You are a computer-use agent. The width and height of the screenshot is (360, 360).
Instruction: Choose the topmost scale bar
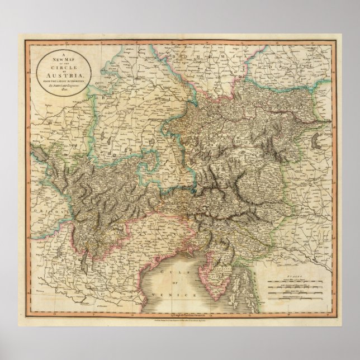coord(301,281)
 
